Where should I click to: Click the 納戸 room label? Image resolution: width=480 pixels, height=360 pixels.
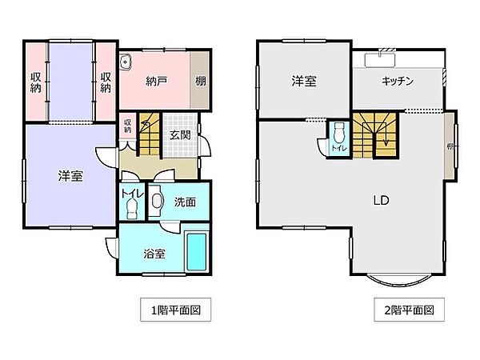pos(156,80)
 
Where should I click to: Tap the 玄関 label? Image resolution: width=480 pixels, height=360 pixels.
pos(179,135)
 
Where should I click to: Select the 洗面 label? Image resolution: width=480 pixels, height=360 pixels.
pos(185,202)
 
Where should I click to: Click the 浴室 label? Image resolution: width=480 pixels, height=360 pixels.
pos(154,254)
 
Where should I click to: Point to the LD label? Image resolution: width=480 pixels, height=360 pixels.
pos(380,201)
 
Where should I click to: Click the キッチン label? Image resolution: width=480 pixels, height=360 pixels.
pos(397,81)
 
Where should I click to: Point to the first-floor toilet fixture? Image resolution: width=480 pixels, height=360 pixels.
pos(131,206)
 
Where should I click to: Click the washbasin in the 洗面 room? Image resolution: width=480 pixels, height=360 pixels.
pos(157,202)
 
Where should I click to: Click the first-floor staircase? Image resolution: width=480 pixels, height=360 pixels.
pos(150,134)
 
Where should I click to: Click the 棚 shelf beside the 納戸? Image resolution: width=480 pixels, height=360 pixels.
pos(200,81)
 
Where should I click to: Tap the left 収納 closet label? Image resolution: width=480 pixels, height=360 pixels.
pos(36,82)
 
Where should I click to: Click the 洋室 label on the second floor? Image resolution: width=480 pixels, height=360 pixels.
pos(304,81)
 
